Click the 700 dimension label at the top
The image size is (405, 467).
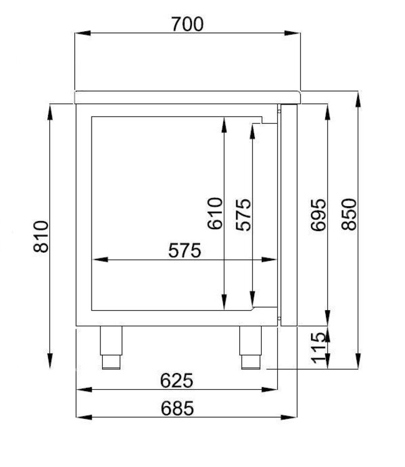(186, 24)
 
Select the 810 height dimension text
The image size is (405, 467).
(40, 236)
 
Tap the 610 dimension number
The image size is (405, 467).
(214, 214)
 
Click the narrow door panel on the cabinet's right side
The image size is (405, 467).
(290, 215)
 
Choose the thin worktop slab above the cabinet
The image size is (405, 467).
(187, 97)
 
